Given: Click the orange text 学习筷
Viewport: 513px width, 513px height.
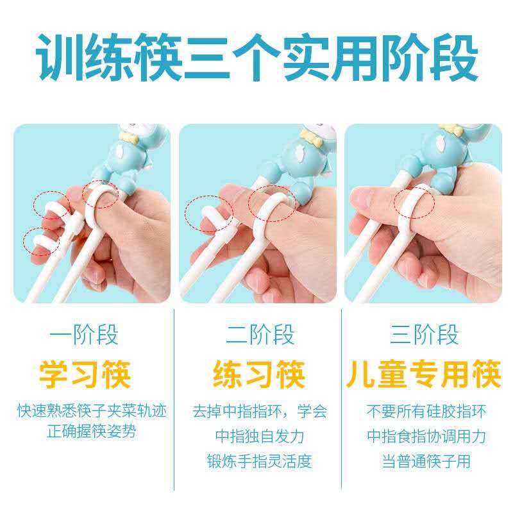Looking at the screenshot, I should click(85, 374).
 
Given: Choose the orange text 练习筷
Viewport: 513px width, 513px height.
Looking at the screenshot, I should click(259, 374).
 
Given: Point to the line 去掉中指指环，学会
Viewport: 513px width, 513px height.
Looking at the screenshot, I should click(259, 411).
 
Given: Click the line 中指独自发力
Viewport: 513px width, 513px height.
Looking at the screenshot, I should click(259, 437).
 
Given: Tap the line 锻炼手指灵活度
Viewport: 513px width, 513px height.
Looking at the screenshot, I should click(259, 462).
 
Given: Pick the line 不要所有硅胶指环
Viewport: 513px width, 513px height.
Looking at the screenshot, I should click(426, 411).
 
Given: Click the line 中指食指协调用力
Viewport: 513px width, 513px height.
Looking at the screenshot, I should click(426, 437).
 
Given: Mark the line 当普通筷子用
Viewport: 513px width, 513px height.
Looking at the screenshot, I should click(426, 462).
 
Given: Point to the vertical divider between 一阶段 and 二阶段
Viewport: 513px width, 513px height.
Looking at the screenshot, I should click(174, 398).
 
